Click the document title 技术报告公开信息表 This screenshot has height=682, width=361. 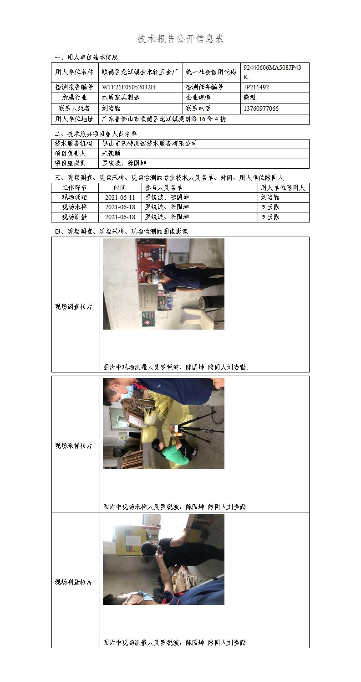[181, 39]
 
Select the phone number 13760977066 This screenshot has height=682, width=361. [261, 108]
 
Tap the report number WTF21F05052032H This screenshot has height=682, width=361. [129, 87]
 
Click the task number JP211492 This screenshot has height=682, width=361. [256, 87]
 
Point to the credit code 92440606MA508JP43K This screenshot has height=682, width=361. [272, 72]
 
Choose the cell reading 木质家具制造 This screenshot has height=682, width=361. [121, 98]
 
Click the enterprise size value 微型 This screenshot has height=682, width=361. [249, 98]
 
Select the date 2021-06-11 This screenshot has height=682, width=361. [120, 197]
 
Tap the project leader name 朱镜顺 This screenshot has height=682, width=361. [112, 154]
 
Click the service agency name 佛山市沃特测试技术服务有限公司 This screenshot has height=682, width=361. [149, 144]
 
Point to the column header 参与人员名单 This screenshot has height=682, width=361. [163, 187]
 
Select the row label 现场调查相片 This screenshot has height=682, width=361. [73, 307]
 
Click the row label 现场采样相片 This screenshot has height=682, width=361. [73, 446]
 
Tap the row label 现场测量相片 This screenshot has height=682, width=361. [73, 582]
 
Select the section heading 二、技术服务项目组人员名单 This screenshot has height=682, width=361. [96, 134]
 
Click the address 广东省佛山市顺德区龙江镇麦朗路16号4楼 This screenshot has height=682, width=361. [163, 119]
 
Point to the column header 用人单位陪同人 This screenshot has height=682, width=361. [283, 187]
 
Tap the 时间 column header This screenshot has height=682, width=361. [120, 187]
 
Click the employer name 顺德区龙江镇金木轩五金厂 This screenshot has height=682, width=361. [140, 72]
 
